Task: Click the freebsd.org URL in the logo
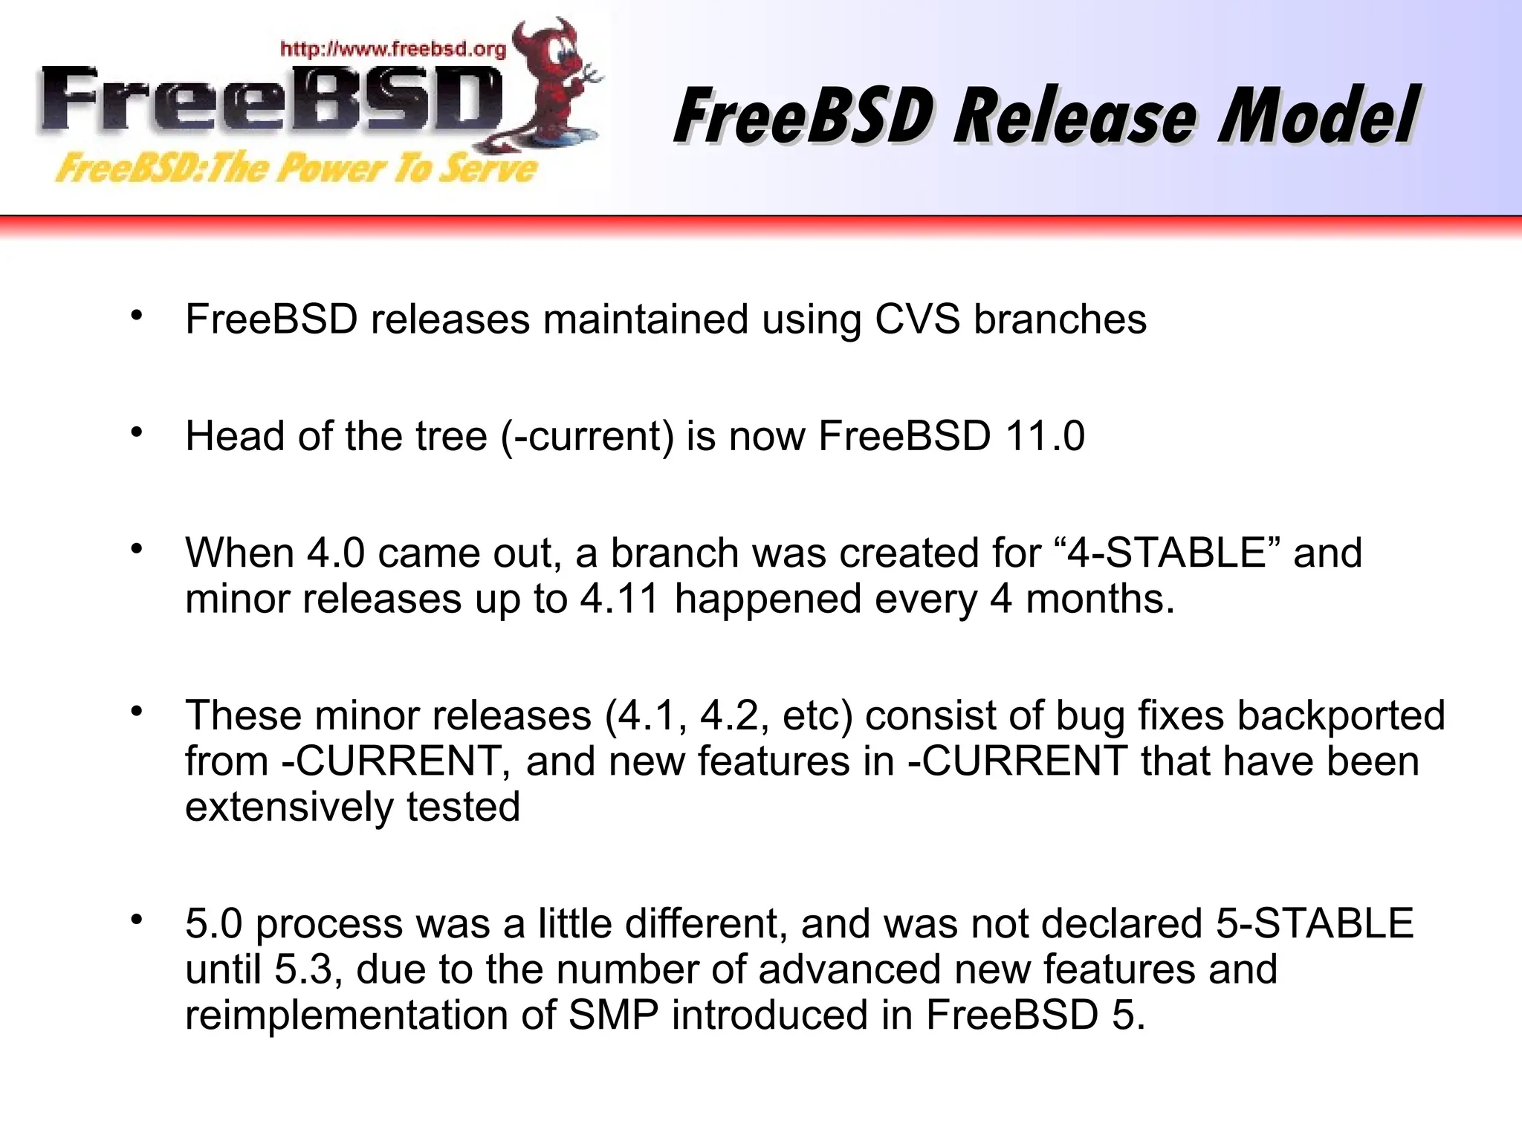point(393,50)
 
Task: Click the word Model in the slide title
point(1318,117)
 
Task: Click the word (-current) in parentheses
point(586,436)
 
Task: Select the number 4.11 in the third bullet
point(619,599)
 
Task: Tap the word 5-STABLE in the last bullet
point(1315,924)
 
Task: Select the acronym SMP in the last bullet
point(612,1015)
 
